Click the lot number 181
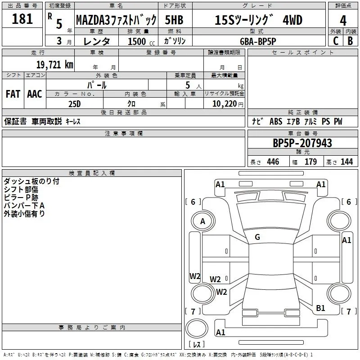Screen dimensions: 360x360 click(x=22, y=19)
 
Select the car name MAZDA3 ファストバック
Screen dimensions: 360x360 click(x=116, y=20)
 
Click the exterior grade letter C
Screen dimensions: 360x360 click(x=335, y=40)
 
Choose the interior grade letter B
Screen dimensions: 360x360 click(x=351, y=40)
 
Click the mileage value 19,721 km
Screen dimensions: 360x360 click(x=54, y=65)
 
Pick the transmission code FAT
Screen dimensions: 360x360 click(x=13, y=94)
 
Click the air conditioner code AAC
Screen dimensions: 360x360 click(x=35, y=94)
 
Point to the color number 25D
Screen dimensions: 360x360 click(x=75, y=104)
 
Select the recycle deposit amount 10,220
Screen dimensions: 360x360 click(x=224, y=104)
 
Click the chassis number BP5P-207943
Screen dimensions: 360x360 click(x=302, y=143)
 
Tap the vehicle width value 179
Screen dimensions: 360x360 click(x=310, y=162)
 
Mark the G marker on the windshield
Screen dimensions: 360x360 click(x=257, y=237)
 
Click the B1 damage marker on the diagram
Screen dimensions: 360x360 click(x=320, y=308)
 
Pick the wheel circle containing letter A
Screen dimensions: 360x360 click(x=202, y=221)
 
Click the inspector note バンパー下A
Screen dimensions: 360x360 click(x=24, y=206)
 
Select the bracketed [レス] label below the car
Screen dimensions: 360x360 click(x=197, y=345)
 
